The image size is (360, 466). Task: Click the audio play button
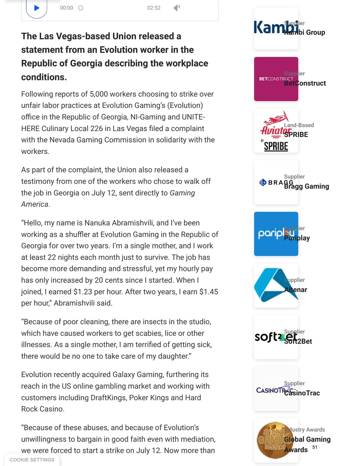point(37,8)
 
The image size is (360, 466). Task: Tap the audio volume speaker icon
point(176,8)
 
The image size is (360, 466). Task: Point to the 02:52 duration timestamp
point(154,8)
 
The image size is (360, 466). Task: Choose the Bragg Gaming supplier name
point(307,186)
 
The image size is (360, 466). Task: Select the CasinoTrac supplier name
point(302,393)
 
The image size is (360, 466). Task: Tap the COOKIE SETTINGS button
point(32,460)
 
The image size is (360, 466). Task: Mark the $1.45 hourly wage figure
point(209,292)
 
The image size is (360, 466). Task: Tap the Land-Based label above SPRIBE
point(299,125)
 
